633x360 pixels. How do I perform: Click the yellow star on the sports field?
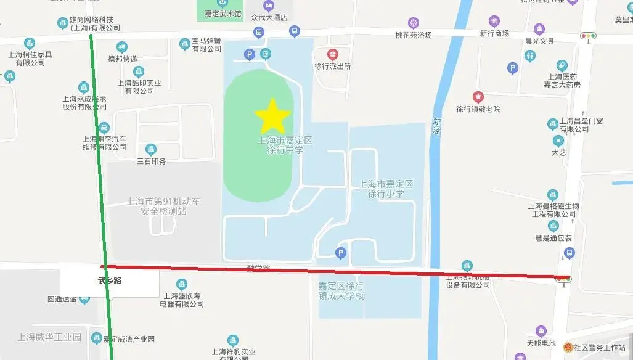[272, 116]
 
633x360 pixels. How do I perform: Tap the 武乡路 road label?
[110, 281]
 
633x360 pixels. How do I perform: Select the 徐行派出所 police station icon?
[333, 55]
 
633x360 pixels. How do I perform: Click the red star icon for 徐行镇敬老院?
[478, 97]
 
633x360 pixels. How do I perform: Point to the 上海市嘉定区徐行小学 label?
[386, 189]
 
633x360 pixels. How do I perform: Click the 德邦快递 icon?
[122, 47]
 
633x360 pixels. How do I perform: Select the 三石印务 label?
[151, 161]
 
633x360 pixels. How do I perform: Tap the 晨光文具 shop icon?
[539, 29]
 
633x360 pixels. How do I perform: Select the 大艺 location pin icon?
[558, 141]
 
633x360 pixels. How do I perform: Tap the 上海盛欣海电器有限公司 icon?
[182, 284]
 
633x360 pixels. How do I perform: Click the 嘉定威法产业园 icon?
[96, 338]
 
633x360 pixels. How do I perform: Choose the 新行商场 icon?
[494, 22]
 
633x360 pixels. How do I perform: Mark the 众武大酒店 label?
[269, 17]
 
